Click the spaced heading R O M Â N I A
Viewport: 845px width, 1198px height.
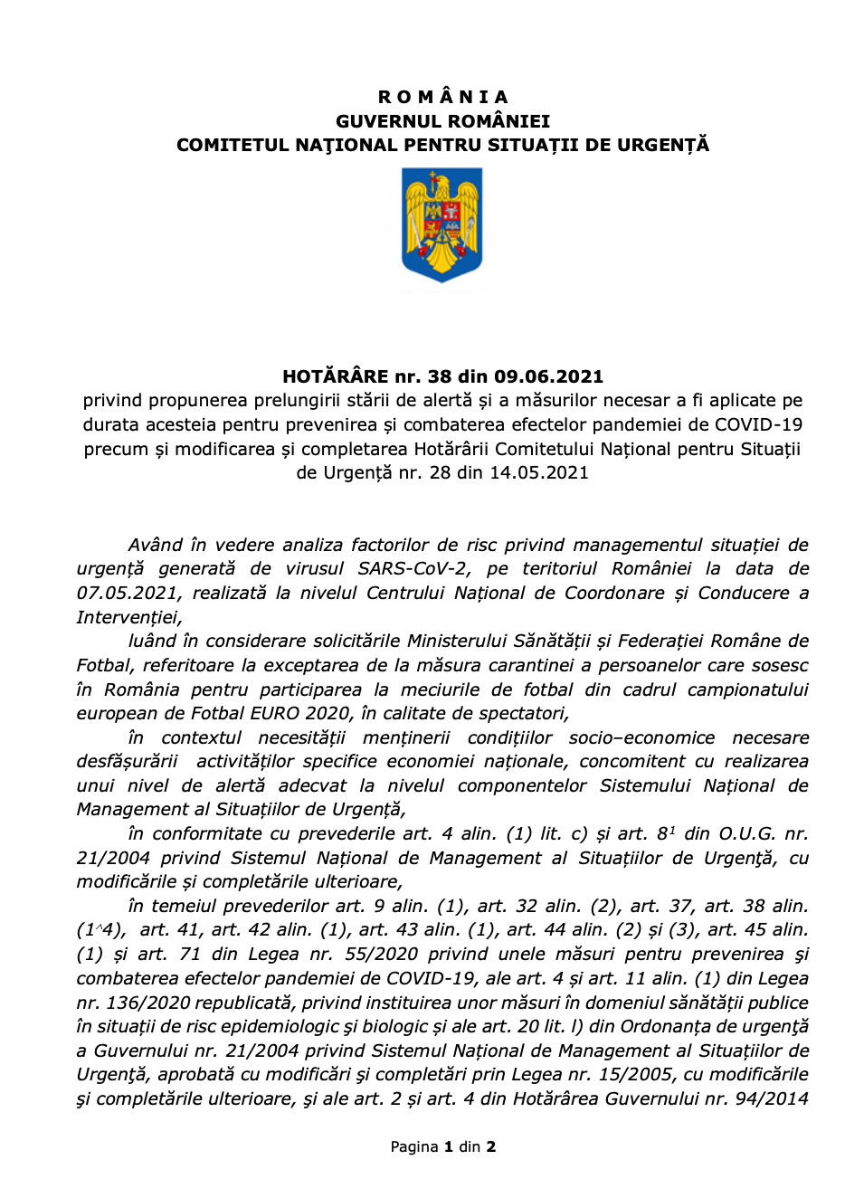[x=442, y=97]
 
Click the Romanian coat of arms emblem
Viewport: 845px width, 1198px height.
[x=442, y=225]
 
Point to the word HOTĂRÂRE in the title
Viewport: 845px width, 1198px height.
[x=336, y=376]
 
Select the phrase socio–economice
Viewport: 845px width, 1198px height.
[x=641, y=737]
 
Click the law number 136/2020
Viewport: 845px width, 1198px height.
[x=146, y=1003]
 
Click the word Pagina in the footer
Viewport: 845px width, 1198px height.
[x=414, y=1146]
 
